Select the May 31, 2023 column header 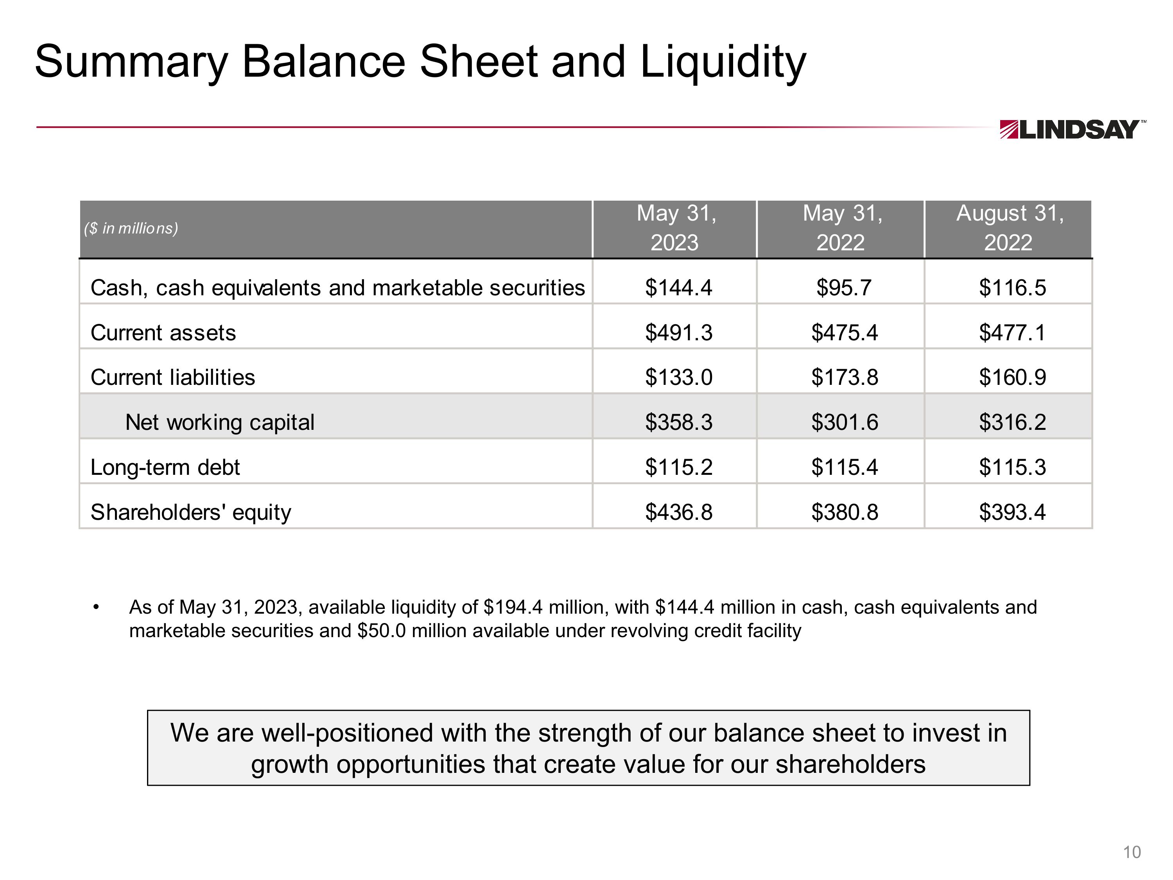tap(675, 228)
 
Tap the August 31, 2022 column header tap(1009, 228)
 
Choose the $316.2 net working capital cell tap(1012, 423)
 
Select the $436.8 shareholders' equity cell tap(679, 512)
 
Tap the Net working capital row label tap(219, 423)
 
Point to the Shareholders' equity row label tap(191, 512)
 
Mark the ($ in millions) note tap(131, 229)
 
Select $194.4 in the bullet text tap(513, 607)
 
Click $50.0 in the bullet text tap(381, 631)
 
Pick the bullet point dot tap(96, 607)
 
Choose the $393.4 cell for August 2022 tap(1012, 512)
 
